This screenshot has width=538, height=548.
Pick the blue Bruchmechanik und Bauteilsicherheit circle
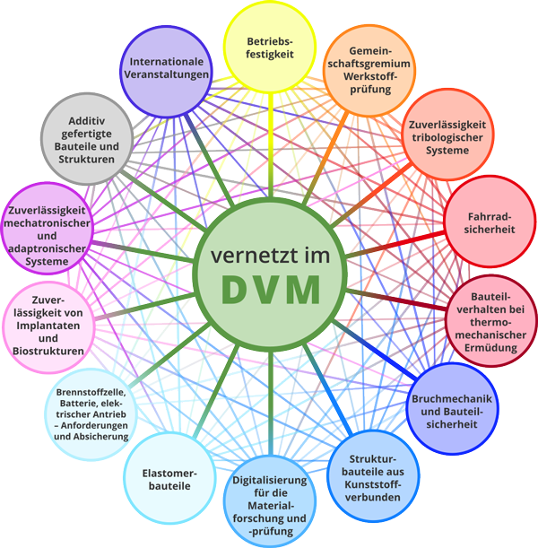point(453,405)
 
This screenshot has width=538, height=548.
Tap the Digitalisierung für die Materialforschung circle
point(270,504)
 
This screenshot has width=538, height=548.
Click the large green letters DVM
point(270,291)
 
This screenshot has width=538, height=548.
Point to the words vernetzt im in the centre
point(270,256)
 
